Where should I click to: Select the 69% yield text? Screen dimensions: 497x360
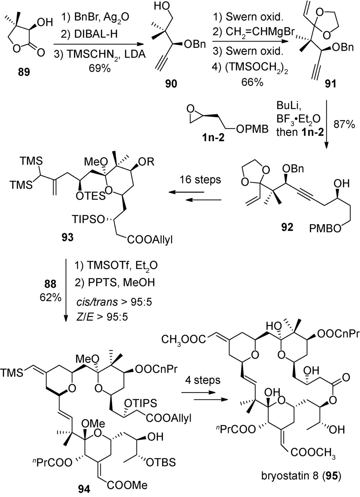click(x=98, y=68)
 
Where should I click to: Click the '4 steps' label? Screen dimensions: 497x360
click(x=202, y=380)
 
